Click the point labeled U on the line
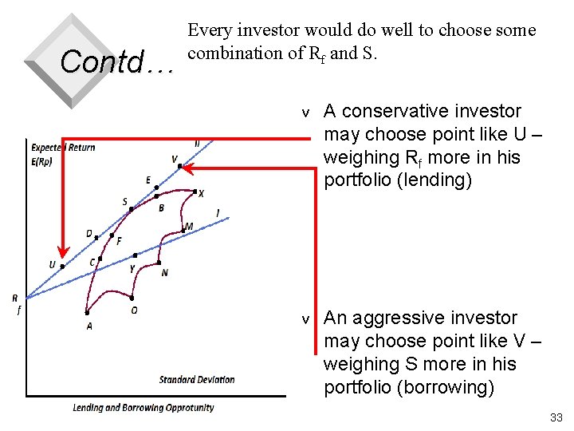click(x=63, y=267)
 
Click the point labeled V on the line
click(x=180, y=166)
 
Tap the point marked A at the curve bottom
click(x=87, y=313)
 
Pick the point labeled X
click(x=195, y=191)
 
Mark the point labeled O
click(x=132, y=298)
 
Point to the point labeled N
click(x=160, y=263)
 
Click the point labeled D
click(x=96, y=237)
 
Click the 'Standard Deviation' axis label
click(x=197, y=379)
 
